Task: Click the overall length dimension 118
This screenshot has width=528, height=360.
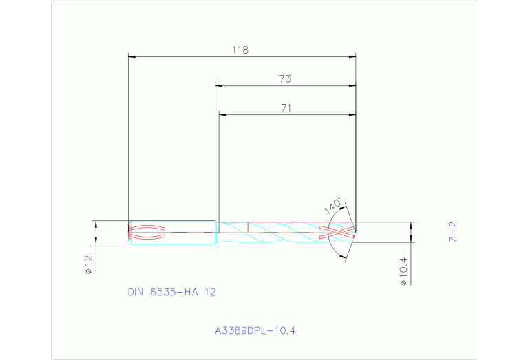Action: click(x=240, y=50)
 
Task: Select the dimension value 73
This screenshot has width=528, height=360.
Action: click(x=285, y=79)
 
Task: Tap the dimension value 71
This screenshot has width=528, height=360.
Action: click(x=286, y=107)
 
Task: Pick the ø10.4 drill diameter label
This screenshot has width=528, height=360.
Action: click(x=404, y=271)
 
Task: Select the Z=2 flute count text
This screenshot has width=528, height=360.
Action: click(x=452, y=232)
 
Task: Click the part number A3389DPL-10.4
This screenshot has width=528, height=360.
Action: click(x=255, y=331)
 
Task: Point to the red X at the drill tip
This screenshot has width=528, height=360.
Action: click(x=341, y=231)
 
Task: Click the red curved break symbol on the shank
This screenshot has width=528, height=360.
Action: click(x=147, y=232)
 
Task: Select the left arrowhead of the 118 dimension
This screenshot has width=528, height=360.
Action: click(x=133, y=57)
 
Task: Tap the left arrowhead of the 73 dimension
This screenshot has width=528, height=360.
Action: click(x=219, y=86)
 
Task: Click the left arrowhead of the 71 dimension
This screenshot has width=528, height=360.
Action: click(x=222, y=114)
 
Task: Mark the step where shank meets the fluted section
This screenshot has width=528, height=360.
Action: click(x=216, y=232)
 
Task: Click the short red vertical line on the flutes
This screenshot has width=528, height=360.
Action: click(x=247, y=226)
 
